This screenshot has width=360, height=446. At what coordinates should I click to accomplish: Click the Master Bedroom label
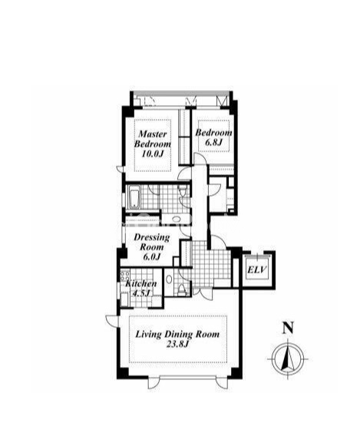pyautogui.click(x=153, y=139)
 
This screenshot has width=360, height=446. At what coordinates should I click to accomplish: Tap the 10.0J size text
pyautogui.click(x=153, y=154)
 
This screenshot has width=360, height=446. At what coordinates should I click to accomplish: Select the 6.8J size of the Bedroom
pyautogui.click(x=213, y=142)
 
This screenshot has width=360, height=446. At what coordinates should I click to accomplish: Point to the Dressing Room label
pyautogui.click(x=152, y=242)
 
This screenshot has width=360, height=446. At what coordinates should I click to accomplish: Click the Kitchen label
pyautogui.click(x=141, y=283)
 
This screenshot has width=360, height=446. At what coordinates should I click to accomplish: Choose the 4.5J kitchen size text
pyautogui.click(x=141, y=293)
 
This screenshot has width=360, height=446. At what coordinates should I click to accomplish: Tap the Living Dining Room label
pyautogui.click(x=177, y=334)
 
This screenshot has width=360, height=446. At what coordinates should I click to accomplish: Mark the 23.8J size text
pyautogui.click(x=177, y=345)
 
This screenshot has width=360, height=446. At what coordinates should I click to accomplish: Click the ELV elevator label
pyautogui.click(x=257, y=269)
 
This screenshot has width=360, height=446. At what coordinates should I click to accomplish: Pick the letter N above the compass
pyautogui.click(x=288, y=328)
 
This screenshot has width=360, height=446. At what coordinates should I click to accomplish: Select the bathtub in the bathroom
pyautogui.click(x=133, y=197)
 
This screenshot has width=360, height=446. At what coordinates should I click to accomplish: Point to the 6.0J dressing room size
pyautogui.click(x=152, y=257)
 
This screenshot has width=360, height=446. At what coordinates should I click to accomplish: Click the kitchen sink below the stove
pyautogui.click(x=124, y=299)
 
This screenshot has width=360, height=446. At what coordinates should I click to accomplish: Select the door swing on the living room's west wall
pyautogui.click(x=111, y=321)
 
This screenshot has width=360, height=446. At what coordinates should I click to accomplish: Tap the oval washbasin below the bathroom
pyautogui.click(x=177, y=219)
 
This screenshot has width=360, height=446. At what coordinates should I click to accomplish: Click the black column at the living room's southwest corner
pyautogui.click(x=123, y=373)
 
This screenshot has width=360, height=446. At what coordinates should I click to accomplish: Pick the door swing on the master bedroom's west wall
pyautogui.click(x=121, y=169)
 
